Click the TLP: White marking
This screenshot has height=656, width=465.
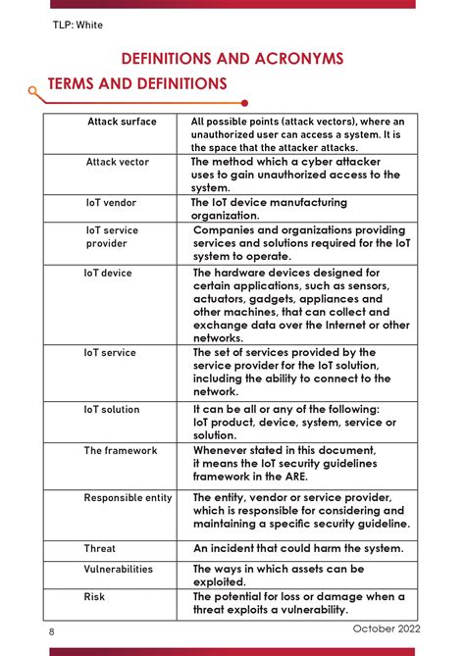click(77, 25)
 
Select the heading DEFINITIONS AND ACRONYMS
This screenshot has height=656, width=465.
click(232, 59)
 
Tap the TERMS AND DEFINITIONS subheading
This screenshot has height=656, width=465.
click(137, 84)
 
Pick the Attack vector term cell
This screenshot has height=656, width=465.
click(118, 162)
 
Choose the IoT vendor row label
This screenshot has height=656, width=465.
click(111, 203)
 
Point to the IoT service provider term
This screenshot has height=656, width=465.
click(112, 236)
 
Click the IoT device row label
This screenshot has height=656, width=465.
click(107, 274)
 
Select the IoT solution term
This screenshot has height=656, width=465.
click(111, 410)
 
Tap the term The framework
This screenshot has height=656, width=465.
click(120, 451)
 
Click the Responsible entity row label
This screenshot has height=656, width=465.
click(128, 498)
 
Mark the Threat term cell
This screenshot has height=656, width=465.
click(99, 549)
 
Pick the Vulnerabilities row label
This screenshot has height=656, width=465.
click(118, 569)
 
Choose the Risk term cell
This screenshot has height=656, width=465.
click(94, 596)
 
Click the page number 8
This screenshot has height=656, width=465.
click(52, 632)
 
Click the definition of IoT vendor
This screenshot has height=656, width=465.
click(269, 209)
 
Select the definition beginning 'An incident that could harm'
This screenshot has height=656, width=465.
click(297, 549)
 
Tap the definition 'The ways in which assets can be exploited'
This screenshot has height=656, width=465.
click(278, 575)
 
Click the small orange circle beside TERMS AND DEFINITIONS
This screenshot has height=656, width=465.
click(34, 90)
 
